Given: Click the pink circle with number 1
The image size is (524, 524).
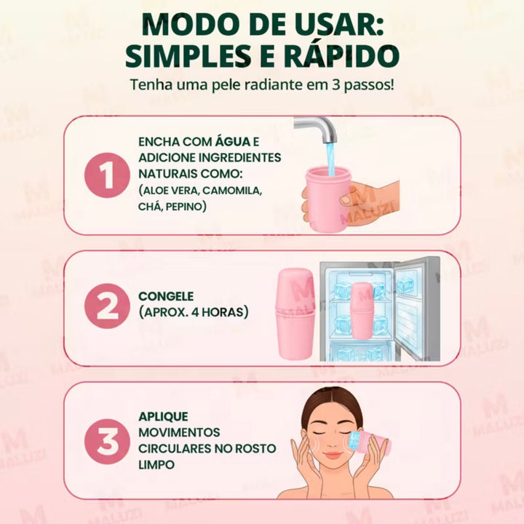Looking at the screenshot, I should [107, 175].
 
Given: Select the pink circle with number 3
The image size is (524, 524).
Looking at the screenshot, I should [107, 440].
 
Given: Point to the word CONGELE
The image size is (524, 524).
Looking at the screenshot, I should [166, 296].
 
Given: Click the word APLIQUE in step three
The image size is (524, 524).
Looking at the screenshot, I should [163, 417].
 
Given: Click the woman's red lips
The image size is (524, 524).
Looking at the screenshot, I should [333, 455].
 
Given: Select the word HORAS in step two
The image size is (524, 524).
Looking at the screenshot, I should [223, 312].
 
